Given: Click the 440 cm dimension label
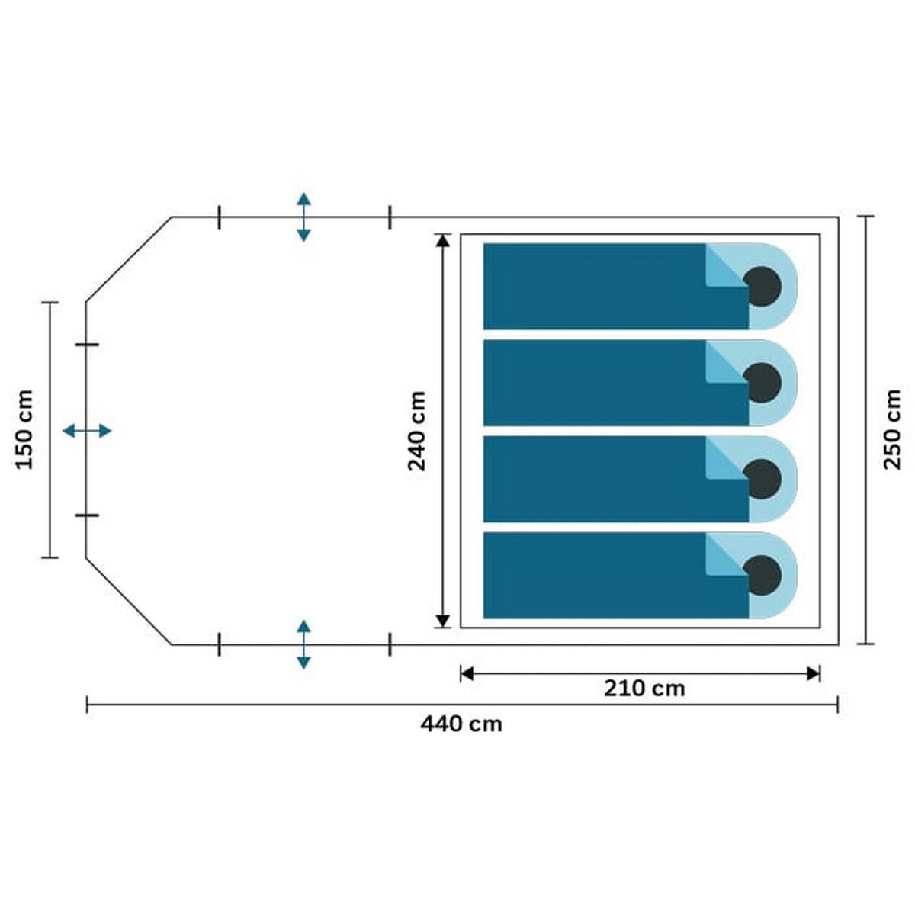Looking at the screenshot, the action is click(x=461, y=724).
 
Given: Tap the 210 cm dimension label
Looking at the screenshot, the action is click(x=644, y=689).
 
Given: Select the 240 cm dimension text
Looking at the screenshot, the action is click(x=416, y=431).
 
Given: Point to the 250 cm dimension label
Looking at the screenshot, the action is click(x=891, y=429).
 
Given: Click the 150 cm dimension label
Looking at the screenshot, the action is click(x=24, y=430).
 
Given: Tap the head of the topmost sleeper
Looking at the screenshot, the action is click(x=762, y=287).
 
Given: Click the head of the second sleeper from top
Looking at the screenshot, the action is click(x=762, y=383).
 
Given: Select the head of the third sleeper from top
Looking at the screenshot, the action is click(x=762, y=479).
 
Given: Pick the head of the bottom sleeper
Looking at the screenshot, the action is click(x=762, y=576).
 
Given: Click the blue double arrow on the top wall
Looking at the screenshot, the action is click(x=303, y=217).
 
